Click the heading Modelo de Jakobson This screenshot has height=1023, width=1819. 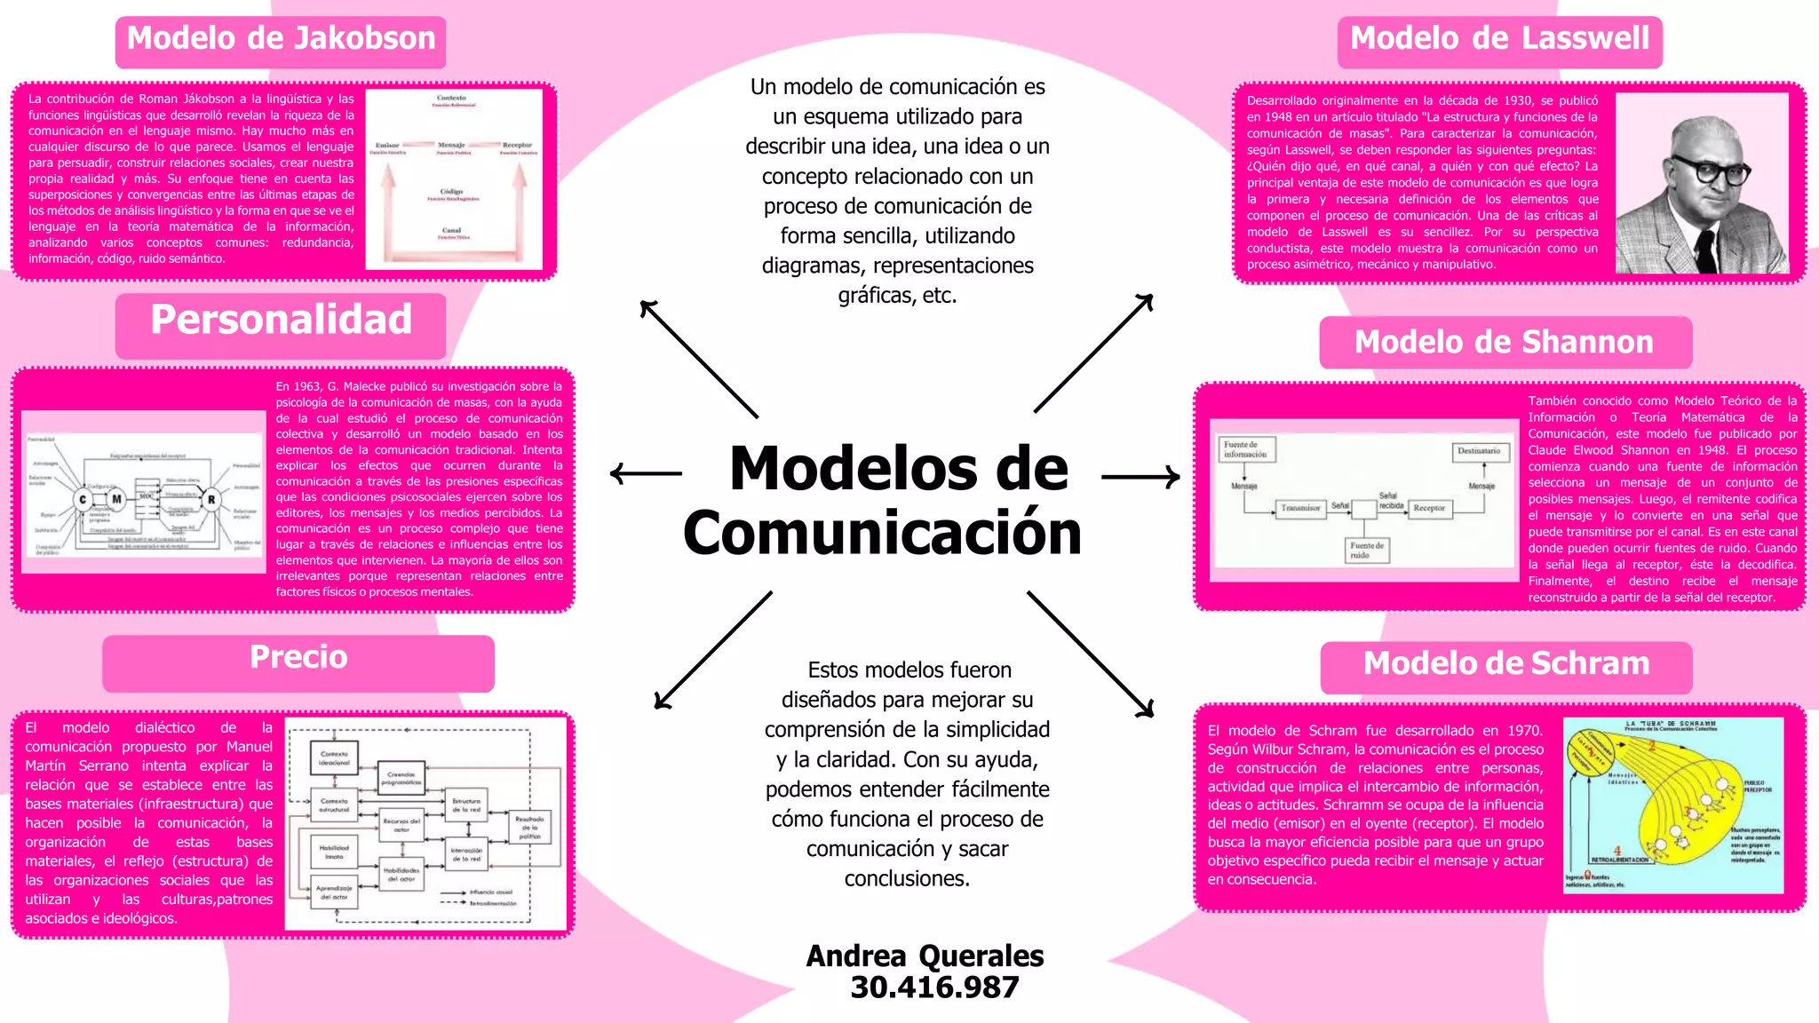click(281, 40)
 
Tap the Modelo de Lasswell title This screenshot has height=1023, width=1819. click(1499, 40)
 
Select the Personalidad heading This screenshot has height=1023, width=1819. click(281, 321)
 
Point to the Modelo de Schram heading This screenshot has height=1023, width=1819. click(1506, 664)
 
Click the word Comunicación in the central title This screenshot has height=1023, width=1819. click(882, 534)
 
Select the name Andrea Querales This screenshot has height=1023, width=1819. click(925, 956)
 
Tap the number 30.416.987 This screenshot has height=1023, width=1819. click(934, 987)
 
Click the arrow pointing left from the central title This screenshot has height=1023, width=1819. click(646, 473)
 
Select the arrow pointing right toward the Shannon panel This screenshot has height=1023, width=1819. click(1140, 477)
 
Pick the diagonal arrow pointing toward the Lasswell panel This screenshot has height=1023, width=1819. click(1093, 353)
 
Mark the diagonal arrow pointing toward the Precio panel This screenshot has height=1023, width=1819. click(712, 651)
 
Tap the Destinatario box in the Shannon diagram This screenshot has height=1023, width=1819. click(1479, 451)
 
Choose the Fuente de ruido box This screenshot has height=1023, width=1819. click(1367, 551)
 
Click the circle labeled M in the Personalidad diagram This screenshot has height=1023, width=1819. click(116, 500)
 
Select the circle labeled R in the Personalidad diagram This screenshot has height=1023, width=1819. click(211, 500)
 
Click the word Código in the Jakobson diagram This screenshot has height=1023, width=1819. click(452, 192)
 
